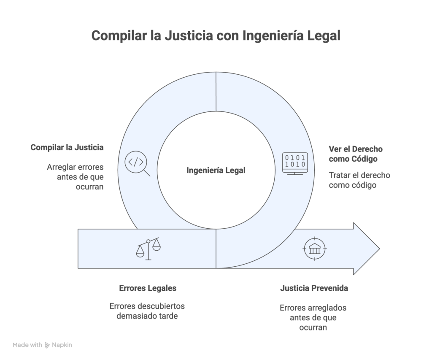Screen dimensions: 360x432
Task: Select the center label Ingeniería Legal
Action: [216, 171]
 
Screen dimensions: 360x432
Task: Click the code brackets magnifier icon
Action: [137, 164]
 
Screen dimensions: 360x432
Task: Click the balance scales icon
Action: [148, 249]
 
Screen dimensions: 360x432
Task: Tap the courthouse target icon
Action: [314, 249]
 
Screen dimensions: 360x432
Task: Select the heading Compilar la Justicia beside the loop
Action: [67, 148]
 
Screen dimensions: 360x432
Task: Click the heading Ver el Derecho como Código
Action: [356, 154]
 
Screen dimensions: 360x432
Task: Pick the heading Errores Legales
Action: [147, 289]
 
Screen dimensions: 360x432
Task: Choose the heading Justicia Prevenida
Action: [314, 289]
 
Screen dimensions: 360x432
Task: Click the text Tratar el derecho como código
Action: [359, 180]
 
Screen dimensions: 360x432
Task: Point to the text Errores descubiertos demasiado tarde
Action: [147, 311]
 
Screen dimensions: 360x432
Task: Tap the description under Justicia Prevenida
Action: [313, 317]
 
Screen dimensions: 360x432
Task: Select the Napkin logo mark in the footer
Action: [47, 345]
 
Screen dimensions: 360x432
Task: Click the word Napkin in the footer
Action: [62, 345]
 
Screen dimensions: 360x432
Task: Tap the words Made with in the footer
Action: [27, 345]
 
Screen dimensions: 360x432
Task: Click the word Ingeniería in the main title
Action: [270, 36]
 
